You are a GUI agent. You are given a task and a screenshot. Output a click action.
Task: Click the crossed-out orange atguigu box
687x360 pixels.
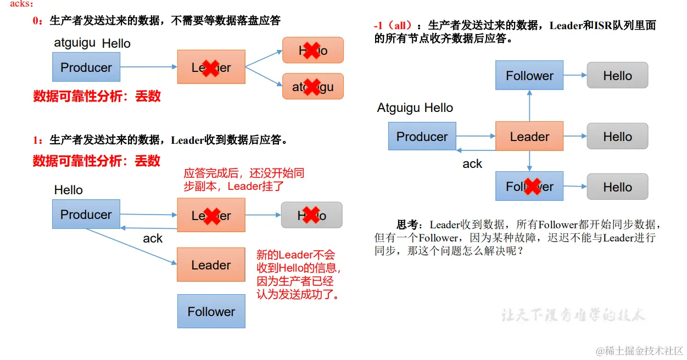312,86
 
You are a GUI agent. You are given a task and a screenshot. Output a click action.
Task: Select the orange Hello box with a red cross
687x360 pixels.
312,50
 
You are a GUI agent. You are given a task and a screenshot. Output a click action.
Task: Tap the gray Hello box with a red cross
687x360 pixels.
311,215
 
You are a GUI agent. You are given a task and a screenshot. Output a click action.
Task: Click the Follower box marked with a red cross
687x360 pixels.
529,187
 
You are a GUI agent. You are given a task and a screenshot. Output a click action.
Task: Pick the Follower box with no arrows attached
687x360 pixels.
211,312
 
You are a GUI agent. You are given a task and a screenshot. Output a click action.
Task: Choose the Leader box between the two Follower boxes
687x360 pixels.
529,136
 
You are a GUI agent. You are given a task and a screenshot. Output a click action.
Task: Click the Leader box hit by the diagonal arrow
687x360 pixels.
211,265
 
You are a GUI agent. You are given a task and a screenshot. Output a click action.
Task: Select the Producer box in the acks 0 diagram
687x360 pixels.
86,67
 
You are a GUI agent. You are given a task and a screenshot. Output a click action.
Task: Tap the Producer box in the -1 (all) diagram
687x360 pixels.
422,136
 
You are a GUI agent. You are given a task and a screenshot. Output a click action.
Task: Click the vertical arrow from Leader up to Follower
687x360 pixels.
529,105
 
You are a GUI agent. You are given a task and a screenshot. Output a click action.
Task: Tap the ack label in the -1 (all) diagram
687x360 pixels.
472,164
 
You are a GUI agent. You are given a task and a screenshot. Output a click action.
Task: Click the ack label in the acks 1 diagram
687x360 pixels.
153,238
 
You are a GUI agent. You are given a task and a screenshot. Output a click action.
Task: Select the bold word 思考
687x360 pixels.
410,224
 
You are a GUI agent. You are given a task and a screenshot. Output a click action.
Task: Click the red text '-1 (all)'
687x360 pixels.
393,26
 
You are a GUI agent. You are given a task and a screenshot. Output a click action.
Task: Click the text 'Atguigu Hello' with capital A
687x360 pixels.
415,108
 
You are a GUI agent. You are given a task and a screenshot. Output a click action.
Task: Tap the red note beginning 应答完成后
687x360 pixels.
244,179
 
